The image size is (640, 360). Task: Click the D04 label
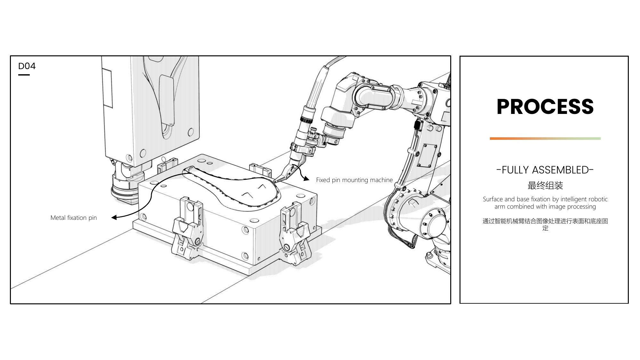click(27, 66)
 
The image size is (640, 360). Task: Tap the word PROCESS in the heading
click(545, 107)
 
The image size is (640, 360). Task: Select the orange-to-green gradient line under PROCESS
click(545, 139)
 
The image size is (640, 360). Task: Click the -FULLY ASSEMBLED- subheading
click(545, 170)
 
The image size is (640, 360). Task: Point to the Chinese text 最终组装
click(545, 185)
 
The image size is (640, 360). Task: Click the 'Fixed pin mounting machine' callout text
click(354, 180)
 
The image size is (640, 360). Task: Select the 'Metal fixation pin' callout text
click(74, 218)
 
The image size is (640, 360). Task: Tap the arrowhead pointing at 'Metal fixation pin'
click(114, 218)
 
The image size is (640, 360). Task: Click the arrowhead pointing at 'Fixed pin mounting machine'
click(307, 179)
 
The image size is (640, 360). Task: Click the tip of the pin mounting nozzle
click(274, 182)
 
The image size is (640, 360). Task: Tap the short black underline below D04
click(24, 75)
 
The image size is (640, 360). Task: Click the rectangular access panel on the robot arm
click(428, 155)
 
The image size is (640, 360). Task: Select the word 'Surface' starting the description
click(493, 199)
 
